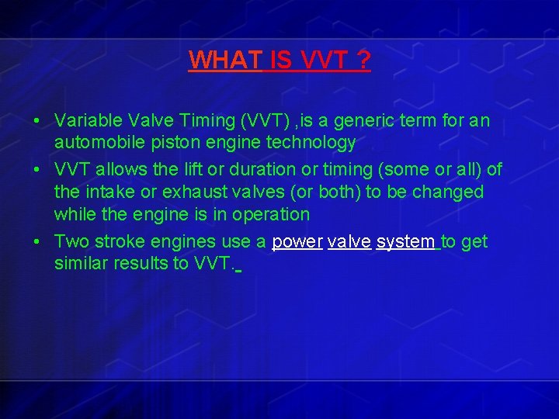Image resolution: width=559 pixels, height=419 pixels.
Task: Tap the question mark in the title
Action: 363,61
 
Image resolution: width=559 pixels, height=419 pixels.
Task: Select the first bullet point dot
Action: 37,122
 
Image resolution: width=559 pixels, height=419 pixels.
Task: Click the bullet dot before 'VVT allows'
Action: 37,170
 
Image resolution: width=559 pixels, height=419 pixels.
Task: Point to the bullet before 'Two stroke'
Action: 37,242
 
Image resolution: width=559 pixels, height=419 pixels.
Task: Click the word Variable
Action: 85,121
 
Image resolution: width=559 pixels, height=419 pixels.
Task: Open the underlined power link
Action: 297,242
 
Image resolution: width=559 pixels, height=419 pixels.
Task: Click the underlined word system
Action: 405,242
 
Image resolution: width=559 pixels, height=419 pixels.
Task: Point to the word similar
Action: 82,264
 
